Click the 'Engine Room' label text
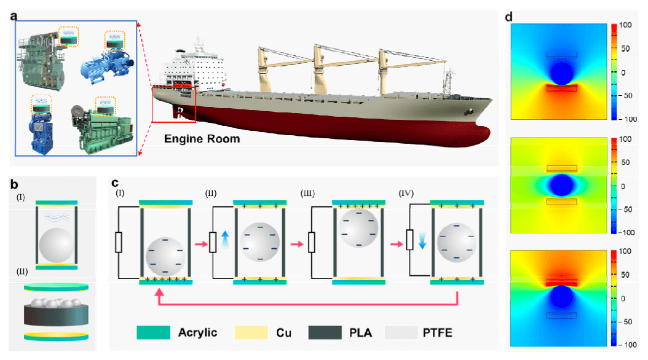click(x=202, y=139)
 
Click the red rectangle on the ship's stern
click(x=173, y=104)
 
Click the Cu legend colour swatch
click(x=251, y=332)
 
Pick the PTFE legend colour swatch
click(x=403, y=332)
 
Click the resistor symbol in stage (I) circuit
click(x=120, y=243)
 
